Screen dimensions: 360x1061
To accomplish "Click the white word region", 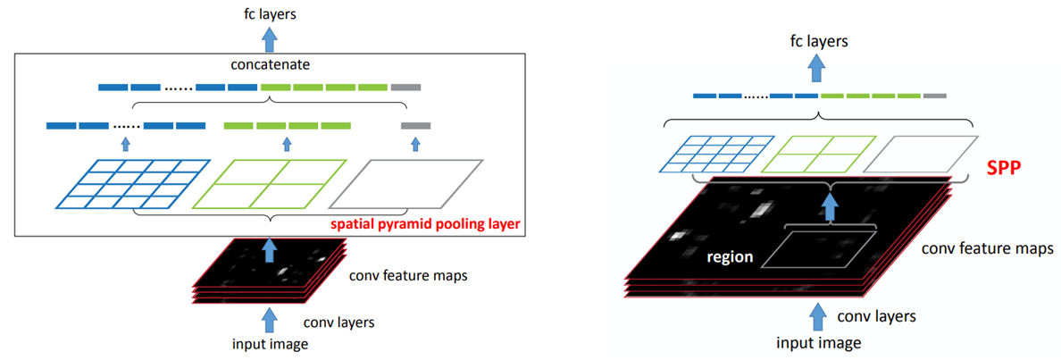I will [x=729, y=256].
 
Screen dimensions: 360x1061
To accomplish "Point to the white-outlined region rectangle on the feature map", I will [x=814, y=245].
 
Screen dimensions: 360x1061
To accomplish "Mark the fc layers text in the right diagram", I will [x=819, y=40].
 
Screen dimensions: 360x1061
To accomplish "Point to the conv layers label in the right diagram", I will [x=878, y=315].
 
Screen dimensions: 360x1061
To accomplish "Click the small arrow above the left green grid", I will [x=287, y=143].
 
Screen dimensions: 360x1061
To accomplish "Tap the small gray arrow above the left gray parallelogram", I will [x=415, y=143].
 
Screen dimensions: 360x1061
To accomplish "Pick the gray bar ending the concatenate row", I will [x=405, y=88].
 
